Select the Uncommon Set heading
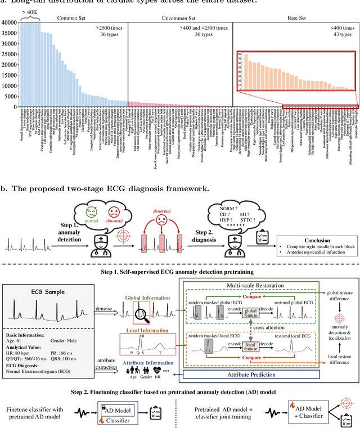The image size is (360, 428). tap(179, 17)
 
